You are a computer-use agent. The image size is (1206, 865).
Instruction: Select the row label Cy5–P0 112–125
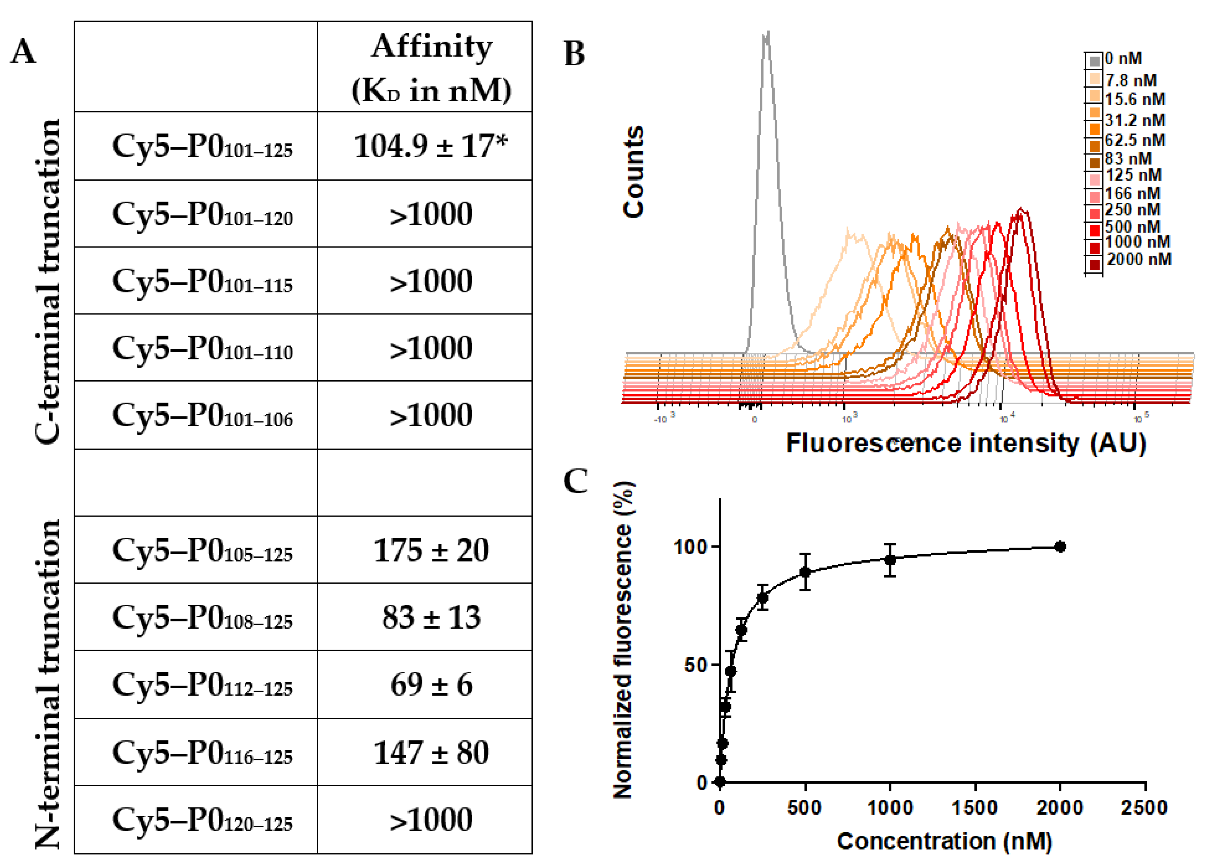(202, 685)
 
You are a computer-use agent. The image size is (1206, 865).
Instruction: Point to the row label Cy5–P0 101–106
(202, 415)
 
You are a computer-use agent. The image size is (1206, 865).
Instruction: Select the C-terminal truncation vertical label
(48, 282)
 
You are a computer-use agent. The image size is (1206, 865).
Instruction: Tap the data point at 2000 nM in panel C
(1060, 547)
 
